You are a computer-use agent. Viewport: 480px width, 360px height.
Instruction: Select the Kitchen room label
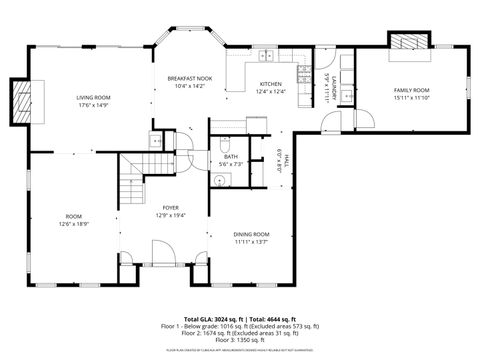tap(270, 84)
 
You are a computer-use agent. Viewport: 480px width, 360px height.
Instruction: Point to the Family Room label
tap(411, 90)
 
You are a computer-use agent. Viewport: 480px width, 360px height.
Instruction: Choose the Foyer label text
tap(171, 208)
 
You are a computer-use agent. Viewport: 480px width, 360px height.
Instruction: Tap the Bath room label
tap(230, 157)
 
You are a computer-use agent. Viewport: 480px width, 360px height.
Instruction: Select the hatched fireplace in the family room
tap(408, 42)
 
